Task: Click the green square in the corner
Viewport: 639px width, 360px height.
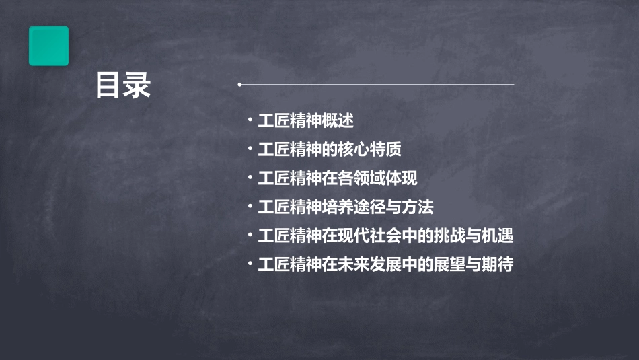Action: [x=48, y=46]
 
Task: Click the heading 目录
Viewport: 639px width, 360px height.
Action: [x=123, y=85]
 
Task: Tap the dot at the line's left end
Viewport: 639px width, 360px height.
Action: [x=240, y=85]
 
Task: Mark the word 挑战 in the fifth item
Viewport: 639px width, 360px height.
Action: [x=451, y=236]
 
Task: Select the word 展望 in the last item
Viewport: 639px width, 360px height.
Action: [x=451, y=265]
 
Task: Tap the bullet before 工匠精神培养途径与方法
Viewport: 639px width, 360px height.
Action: [x=250, y=207]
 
